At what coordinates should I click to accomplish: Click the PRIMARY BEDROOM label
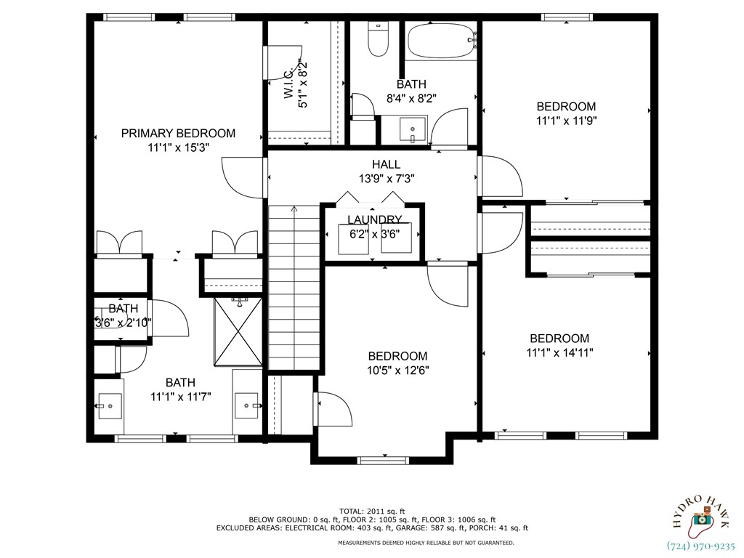tap(178, 133)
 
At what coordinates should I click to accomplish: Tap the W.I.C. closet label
tap(288, 85)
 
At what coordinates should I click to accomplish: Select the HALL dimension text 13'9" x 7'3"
tap(386, 178)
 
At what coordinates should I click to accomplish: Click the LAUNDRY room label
tap(374, 219)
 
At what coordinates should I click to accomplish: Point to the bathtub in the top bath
tap(441, 42)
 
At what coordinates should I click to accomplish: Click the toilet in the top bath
tap(377, 41)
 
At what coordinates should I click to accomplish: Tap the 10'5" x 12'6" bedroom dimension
tap(397, 370)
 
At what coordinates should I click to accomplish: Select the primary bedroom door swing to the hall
tap(240, 177)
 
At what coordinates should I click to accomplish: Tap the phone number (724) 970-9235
tap(701, 546)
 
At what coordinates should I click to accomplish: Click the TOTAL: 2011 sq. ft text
tap(371, 511)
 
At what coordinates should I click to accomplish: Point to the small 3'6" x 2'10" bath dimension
tap(123, 323)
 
